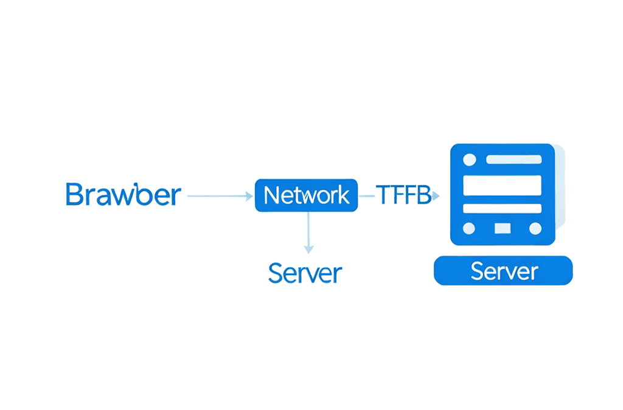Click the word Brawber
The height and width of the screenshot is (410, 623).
[123, 194]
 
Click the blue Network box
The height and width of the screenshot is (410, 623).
[307, 195]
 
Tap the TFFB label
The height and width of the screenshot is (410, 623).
[404, 195]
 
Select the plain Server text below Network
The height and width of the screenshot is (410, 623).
[305, 273]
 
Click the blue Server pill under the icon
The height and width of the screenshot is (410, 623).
[503, 271]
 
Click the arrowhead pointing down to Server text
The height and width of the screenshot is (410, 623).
[308, 250]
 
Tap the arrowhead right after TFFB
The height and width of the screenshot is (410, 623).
[436, 196]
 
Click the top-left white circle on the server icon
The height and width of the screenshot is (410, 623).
[470, 160]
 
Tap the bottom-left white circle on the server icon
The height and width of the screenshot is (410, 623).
[469, 228]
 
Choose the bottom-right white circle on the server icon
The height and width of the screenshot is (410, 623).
[535, 228]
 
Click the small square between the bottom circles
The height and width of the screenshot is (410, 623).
[503, 228]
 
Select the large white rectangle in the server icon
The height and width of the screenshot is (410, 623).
[503, 186]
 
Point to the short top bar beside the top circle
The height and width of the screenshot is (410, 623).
[514, 159]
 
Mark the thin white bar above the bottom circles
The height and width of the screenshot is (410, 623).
[503, 208]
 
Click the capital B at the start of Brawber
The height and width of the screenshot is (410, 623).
[74, 194]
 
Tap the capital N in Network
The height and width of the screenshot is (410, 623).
[273, 195]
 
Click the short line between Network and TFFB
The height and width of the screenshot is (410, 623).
[367, 196]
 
